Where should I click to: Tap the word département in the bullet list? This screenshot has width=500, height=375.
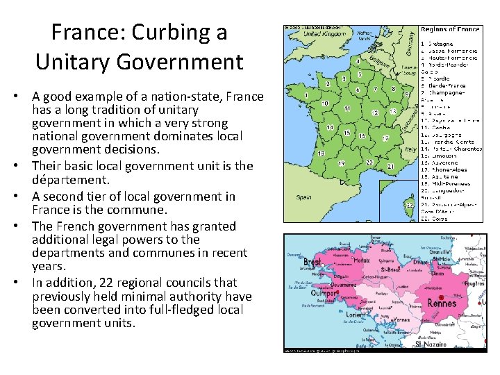coord(71,179)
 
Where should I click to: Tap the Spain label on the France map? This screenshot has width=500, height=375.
coord(304,197)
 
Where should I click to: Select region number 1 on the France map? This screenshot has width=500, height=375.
coord(306,94)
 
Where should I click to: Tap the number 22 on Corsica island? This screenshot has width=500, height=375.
coord(410,205)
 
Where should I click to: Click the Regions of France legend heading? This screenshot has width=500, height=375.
coord(449,29)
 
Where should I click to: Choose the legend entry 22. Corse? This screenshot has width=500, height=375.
coord(437,217)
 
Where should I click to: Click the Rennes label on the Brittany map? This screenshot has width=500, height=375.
coord(442,303)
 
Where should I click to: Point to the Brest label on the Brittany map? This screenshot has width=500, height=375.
coord(312,263)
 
